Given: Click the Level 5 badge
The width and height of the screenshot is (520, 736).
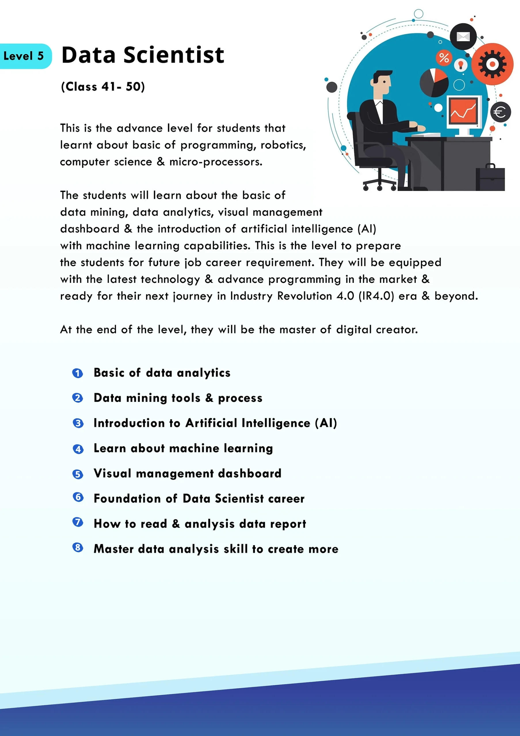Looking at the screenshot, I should tap(24, 56).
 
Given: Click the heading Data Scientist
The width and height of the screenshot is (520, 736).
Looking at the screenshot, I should tap(143, 55).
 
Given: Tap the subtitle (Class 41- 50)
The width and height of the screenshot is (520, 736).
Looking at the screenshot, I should tap(103, 87).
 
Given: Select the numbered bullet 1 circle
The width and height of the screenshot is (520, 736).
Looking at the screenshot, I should tap(78, 373).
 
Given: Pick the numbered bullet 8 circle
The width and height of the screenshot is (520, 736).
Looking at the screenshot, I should tap(78, 547).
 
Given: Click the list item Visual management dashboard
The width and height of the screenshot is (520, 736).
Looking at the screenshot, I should tap(187, 474).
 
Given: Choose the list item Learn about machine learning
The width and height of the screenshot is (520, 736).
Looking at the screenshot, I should tap(183, 448).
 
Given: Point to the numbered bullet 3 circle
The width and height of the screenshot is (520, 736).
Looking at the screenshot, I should tap(78, 423).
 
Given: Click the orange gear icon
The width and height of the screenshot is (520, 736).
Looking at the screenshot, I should tap(492, 64).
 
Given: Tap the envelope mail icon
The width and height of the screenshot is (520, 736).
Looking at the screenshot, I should tap(463, 37).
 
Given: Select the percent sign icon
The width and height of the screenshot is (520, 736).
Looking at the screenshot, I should tap(444, 58).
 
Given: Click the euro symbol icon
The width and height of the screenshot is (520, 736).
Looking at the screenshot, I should tap(500, 112).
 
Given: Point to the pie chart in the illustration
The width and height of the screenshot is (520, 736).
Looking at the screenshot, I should tap(434, 83).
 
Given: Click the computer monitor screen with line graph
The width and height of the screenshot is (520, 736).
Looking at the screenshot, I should tap(463, 111).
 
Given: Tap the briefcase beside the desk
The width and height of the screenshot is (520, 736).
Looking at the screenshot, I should tap(490, 179).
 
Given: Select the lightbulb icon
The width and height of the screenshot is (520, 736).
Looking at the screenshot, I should tap(461, 65).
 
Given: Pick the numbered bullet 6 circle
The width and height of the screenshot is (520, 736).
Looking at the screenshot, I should tap(78, 497).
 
